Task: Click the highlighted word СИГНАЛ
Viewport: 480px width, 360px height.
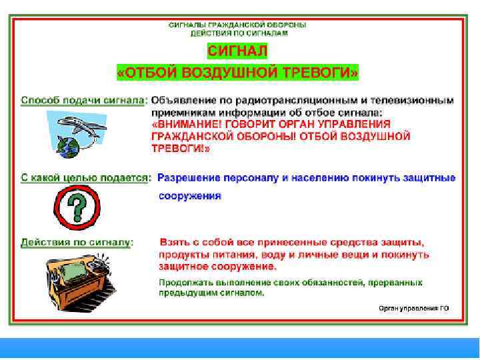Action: tap(237, 51)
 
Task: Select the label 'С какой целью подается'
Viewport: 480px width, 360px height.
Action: tap(85, 177)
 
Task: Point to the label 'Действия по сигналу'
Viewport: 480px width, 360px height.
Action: tap(76, 243)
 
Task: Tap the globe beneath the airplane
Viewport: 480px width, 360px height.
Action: tap(69, 145)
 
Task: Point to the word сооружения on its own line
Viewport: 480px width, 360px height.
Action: tap(189, 196)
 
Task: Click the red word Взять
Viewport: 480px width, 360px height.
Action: tap(175, 243)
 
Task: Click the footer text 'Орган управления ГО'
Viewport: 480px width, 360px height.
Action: tap(413, 308)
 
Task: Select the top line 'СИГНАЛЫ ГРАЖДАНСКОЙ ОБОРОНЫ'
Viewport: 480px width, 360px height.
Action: tap(237, 23)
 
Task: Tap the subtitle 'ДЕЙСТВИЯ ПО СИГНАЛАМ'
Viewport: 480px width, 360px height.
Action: tap(239, 32)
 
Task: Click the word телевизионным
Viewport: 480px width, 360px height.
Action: tap(415, 100)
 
